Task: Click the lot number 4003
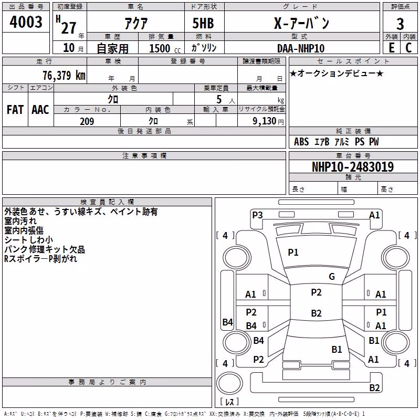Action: pyautogui.click(x=26, y=22)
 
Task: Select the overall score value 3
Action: pyautogui.click(x=400, y=24)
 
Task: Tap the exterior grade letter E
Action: pyautogui.click(x=392, y=48)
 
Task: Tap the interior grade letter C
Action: pyautogui.click(x=408, y=48)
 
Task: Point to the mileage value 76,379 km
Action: pyautogui.click(x=64, y=75)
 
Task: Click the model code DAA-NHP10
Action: pyautogui.click(x=301, y=48)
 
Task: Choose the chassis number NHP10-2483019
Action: pyautogui.click(x=353, y=167)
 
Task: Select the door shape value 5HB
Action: pyautogui.click(x=203, y=23)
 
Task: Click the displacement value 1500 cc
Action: pyautogui.click(x=165, y=48)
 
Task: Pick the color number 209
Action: pyautogui.click(x=87, y=121)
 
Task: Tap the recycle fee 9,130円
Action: pyautogui.click(x=268, y=121)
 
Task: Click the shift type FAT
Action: pyautogui.click(x=15, y=110)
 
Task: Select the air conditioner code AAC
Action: pyautogui.click(x=40, y=110)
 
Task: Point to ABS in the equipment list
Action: pyautogui.click(x=301, y=142)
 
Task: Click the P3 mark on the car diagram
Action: pyautogui.click(x=257, y=215)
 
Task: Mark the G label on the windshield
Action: pyautogui.click(x=332, y=276)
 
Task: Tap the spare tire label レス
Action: pyautogui.click(x=229, y=402)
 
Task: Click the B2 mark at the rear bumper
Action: pyautogui.click(x=374, y=387)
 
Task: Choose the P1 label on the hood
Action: pyautogui.click(x=293, y=253)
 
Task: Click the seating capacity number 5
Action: pyautogui.click(x=219, y=99)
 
